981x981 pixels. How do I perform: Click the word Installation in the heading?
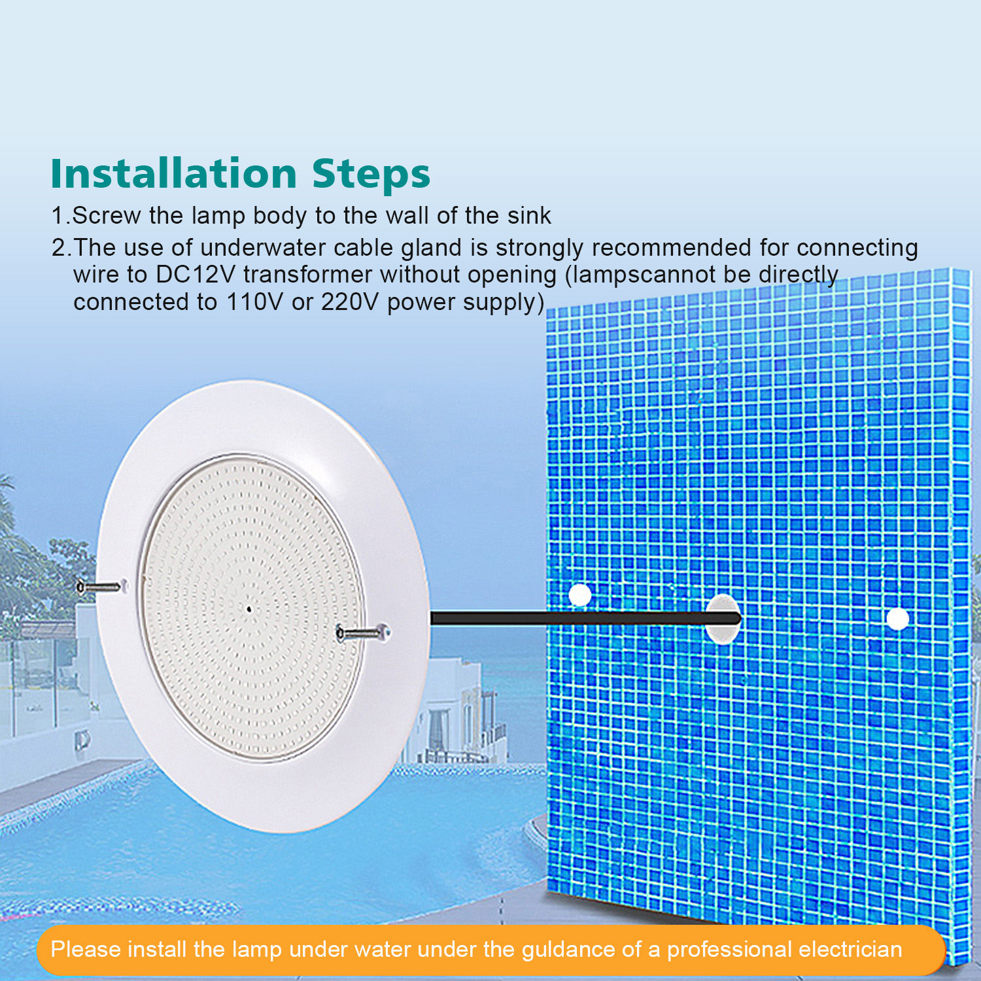tap(174, 174)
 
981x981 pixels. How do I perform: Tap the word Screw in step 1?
tap(107, 216)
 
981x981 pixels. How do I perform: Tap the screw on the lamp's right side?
tap(360, 632)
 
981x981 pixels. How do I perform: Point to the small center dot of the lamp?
tap(249, 610)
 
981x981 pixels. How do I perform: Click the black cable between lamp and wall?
tap(569, 618)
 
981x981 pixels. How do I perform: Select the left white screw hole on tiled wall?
tap(579, 595)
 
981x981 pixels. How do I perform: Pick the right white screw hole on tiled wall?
tap(897, 618)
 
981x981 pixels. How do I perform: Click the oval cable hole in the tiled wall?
tap(723, 619)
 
